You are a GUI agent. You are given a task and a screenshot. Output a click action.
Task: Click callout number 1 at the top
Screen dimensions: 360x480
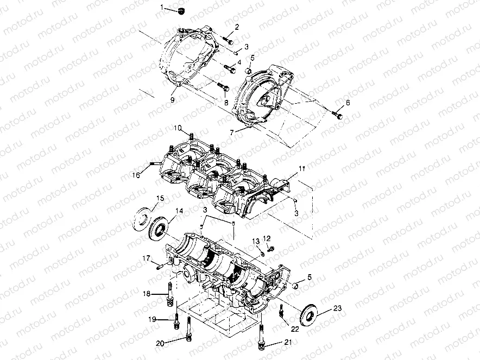pyautogui.click(x=161, y=7)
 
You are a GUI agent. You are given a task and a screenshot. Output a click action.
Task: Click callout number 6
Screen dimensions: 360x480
pyautogui.click(x=348, y=103)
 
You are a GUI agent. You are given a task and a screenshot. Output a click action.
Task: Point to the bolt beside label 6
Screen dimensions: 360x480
pyautogui.click(x=338, y=115)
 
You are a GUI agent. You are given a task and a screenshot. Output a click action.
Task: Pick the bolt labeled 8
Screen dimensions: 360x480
pyautogui.click(x=223, y=86)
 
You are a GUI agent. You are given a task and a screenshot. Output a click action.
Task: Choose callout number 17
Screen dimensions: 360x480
pyautogui.click(x=146, y=257)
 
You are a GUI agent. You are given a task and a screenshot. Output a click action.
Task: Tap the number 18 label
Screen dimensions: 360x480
pyautogui.click(x=146, y=294)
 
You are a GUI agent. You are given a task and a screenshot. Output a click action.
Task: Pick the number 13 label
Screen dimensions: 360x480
pyautogui.click(x=255, y=241)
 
